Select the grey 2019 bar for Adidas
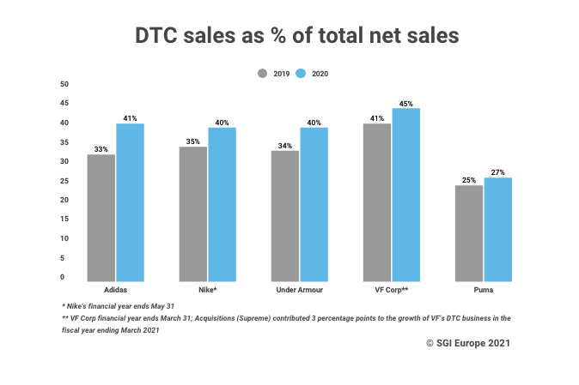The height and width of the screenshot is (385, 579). coord(101,218)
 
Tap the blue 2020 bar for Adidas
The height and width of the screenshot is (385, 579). coord(131,202)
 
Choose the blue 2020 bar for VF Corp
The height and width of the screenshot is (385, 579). coord(406,195)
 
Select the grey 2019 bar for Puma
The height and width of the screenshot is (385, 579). coord(468,233)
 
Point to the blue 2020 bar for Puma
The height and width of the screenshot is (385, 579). coord(498,229)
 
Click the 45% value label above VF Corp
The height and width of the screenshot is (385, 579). coord(406,103)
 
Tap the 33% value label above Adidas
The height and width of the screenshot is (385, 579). coord(101,149)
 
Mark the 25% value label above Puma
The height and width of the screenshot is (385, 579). coord(468,180)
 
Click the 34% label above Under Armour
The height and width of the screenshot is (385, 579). coord(285,145)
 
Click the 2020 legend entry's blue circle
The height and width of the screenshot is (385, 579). coord(301,74)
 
